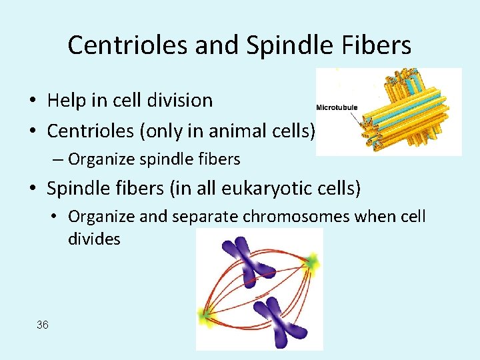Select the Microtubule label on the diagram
[x=337, y=108]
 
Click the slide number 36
[x=43, y=325]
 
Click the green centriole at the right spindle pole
[x=312, y=263]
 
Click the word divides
[x=94, y=239]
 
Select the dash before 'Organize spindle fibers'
[x=59, y=160]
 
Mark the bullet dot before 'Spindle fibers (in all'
[x=32, y=189]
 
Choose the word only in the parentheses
[x=160, y=131]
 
